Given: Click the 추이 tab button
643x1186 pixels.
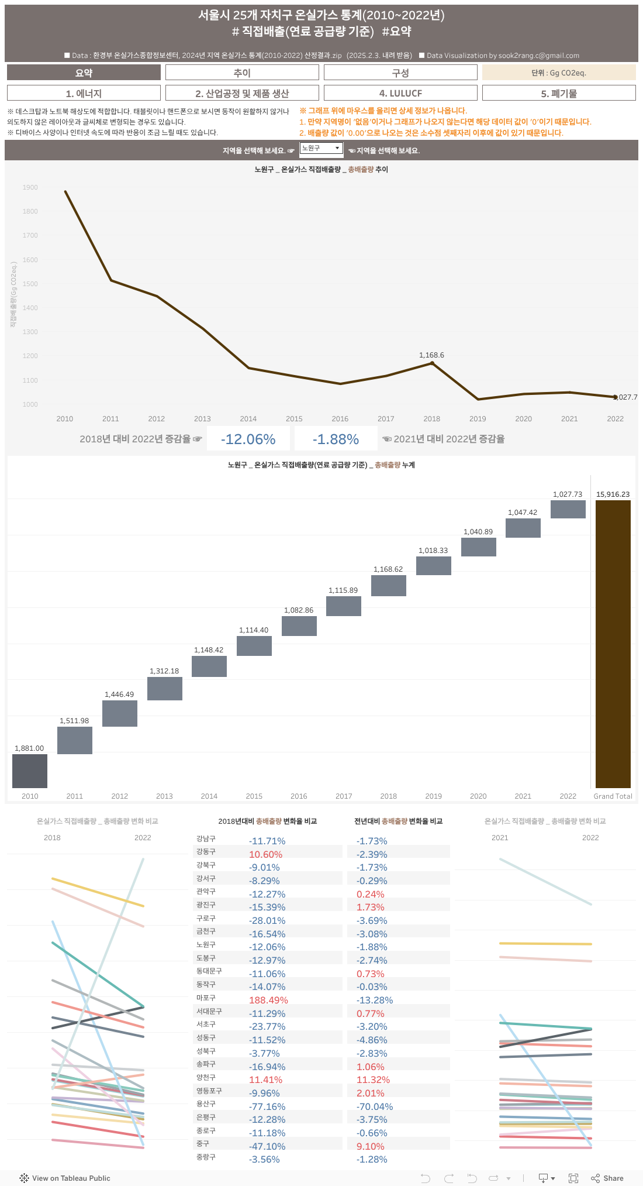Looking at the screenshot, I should tap(242, 73).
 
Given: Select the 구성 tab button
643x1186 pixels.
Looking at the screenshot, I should tap(400, 73).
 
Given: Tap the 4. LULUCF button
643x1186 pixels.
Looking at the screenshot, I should tap(400, 93).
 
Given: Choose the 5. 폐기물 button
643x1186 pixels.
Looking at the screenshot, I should tap(559, 93).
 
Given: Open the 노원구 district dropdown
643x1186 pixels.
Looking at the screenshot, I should tap(321, 149).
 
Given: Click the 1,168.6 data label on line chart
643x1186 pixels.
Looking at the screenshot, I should tap(431, 355).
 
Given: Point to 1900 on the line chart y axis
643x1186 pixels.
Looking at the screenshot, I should tap(30, 187).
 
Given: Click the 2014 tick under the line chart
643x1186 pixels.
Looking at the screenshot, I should tap(248, 419).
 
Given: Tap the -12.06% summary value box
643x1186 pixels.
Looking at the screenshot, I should tap(248, 439).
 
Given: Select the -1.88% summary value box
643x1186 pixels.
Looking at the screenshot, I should tap(336, 439).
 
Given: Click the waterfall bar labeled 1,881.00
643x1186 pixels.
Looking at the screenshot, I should tap(30, 771).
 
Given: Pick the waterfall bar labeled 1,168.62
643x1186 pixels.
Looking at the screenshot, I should tap(389, 585).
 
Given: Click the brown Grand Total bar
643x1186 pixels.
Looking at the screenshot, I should tap(613, 644).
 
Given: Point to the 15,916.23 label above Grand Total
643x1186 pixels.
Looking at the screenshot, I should tap(613, 494).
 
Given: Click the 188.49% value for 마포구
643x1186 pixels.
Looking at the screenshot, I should tap(268, 1001).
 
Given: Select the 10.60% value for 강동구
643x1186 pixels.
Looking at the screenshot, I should tap(265, 854).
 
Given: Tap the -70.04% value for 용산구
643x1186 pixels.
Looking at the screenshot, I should tap(375, 1106).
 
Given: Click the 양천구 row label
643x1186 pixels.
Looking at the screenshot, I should tap(206, 1077).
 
